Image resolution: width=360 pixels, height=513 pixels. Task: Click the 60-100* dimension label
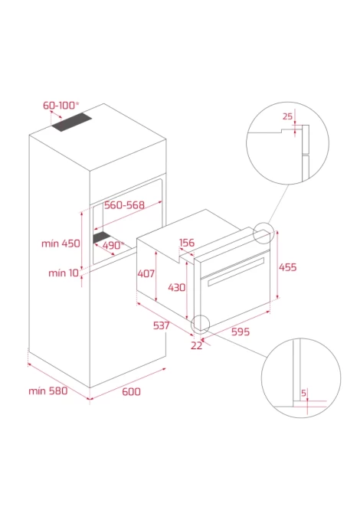point(61,106)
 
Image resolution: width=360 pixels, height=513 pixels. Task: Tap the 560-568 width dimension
point(124,205)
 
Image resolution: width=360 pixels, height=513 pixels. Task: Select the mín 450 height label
point(61,243)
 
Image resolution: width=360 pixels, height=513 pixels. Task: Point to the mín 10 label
point(64,273)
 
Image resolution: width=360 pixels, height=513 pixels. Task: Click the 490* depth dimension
point(113,245)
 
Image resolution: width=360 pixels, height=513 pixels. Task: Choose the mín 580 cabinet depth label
point(47,391)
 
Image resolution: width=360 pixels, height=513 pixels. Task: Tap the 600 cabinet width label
point(131,391)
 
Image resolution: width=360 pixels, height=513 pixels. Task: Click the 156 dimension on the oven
point(187,243)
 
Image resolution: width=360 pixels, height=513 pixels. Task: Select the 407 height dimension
point(146,273)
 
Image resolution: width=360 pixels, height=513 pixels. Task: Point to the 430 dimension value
point(177,288)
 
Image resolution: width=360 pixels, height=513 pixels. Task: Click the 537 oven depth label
point(162,325)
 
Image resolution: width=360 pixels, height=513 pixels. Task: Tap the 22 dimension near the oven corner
point(196,345)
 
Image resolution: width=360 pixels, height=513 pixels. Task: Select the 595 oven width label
point(241,332)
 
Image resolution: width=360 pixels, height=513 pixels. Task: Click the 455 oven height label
point(288,267)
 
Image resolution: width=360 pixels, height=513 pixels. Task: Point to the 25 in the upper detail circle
point(287,116)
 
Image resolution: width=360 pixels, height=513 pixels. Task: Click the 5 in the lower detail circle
point(304,393)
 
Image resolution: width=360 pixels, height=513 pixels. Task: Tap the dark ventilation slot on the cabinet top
point(72,123)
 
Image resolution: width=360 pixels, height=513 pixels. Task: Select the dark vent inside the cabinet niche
point(101,237)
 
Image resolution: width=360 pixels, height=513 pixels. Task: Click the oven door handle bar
point(236,272)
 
